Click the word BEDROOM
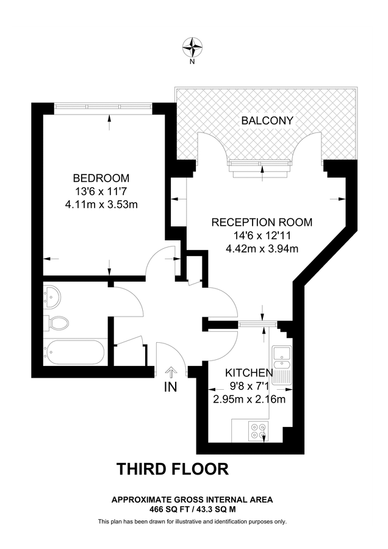click(x=101, y=178)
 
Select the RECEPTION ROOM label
click(x=262, y=222)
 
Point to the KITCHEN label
click(x=248, y=373)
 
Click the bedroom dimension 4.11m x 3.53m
click(x=101, y=205)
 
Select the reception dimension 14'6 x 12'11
click(x=262, y=235)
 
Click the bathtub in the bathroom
click(x=73, y=353)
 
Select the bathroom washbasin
click(x=53, y=297)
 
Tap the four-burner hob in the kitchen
click(x=259, y=432)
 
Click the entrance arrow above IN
click(x=171, y=371)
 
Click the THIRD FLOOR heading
click(x=173, y=469)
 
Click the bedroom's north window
click(x=103, y=106)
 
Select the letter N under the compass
click(x=192, y=61)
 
